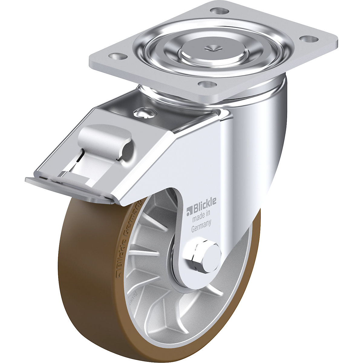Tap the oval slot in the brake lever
click(127, 149)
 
